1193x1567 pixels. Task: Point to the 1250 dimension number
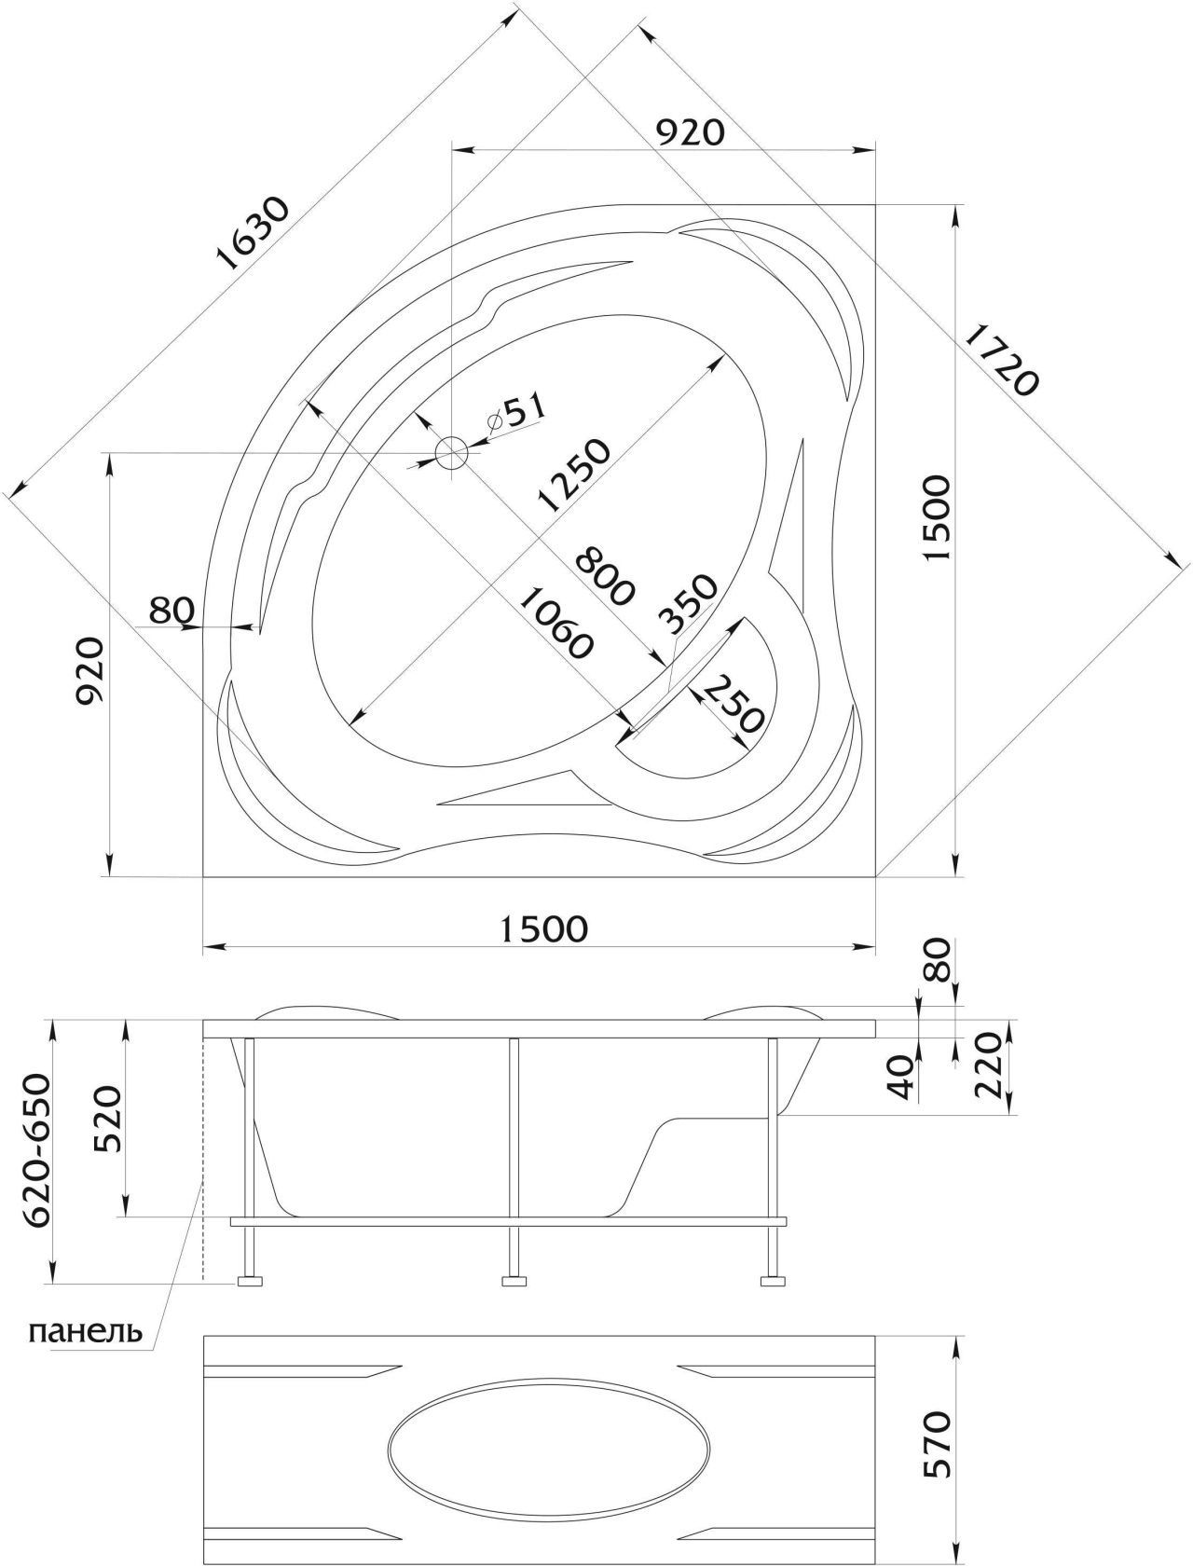[x=572, y=476]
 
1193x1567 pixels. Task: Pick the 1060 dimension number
[x=554, y=623]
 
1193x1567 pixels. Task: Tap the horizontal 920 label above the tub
[x=690, y=133]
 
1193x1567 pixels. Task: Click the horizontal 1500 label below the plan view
[x=544, y=928]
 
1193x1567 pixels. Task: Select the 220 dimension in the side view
[x=989, y=1066]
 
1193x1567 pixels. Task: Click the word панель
[x=86, y=1330]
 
